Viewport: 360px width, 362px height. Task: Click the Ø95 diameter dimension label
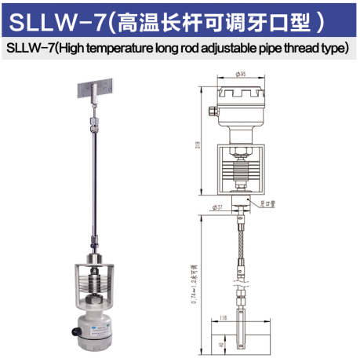click(241, 75)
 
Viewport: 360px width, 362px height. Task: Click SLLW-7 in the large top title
click(53, 19)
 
